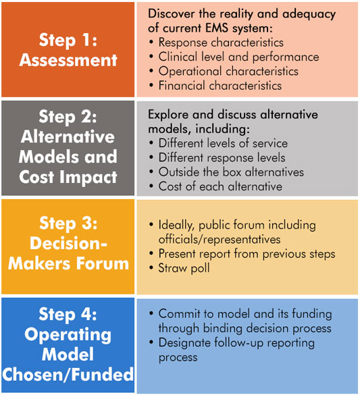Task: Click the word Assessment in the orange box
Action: point(68,60)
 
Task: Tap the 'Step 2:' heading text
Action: point(68,117)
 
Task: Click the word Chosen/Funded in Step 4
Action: point(68,375)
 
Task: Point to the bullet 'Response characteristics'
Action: point(221,43)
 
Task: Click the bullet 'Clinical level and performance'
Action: point(238,57)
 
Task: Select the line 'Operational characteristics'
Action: point(228,72)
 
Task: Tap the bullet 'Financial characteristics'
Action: point(220,86)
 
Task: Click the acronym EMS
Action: point(217,28)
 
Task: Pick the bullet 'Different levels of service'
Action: point(223,143)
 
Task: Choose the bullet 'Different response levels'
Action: point(222,158)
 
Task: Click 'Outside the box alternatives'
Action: point(231,172)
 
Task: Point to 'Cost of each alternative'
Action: point(220,186)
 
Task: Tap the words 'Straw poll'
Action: point(184,268)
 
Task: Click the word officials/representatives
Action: point(220,240)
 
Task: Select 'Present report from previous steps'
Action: point(247,254)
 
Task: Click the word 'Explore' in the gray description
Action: point(168,115)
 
